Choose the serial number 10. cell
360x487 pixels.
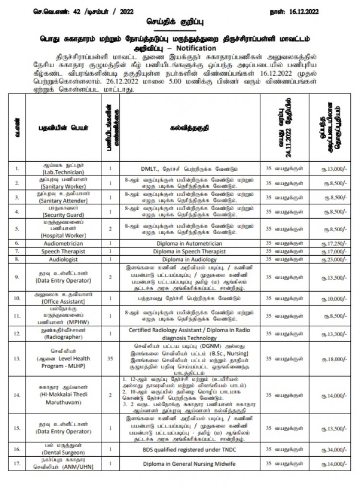(18, 297)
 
